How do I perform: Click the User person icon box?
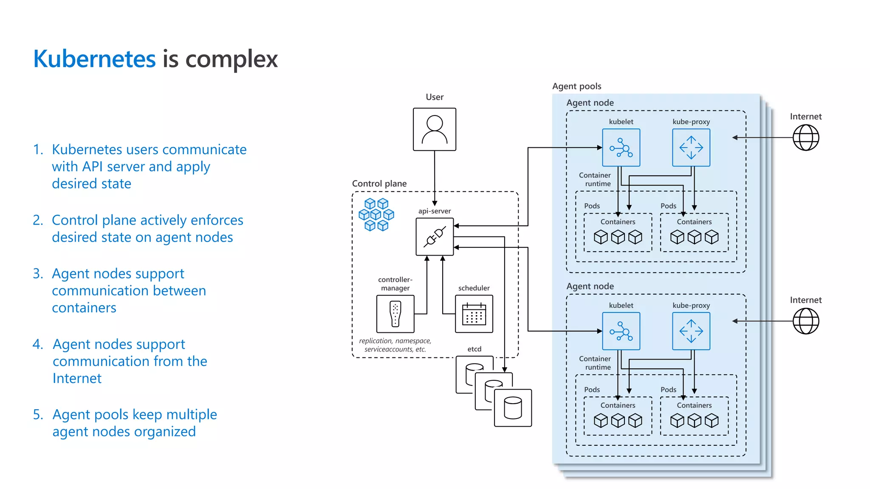[x=434, y=129]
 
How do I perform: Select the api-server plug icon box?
[x=434, y=236]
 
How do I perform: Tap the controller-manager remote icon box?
[x=395, y=314]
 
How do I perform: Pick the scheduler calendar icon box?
[x=474, y=314]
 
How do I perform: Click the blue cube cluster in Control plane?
[x=376, y=214]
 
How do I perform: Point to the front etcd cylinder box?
[x=513, y=407]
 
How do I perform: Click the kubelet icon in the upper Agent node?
[x=621, y=148]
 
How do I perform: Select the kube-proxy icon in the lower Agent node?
[x=691, y=331]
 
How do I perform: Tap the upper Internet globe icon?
[x=805, y=138]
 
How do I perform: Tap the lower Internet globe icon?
[x=805, y=321]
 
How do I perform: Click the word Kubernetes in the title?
[x=94, y=59]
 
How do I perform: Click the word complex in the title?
[x=232, y=59]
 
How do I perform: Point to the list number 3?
[x=38, y=274]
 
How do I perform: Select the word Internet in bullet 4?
[x=77, y=378]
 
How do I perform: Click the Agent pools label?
[x=576, y=86]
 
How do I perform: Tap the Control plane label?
[x=379, y=183]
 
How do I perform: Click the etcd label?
[x=474, y=349]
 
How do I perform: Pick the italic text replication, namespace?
[x=395, y=341]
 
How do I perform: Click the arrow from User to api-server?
[x=434, y=178]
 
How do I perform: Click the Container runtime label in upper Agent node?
[x=595, y=179]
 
